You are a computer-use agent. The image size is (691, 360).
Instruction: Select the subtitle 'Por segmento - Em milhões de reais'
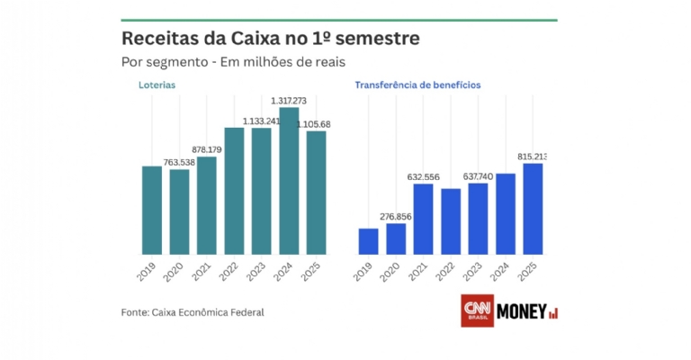(233, 62)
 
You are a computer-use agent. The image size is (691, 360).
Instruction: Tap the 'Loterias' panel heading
(157, 85)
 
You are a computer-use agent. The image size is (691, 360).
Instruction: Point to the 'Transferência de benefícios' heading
(417, 85)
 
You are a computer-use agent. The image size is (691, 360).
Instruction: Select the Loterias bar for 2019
(152, 210)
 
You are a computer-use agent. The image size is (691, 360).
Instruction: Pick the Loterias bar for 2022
(234, 191)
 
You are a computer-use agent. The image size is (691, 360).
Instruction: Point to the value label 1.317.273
(290, 101)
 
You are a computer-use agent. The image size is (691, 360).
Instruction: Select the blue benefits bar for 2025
(533, 208)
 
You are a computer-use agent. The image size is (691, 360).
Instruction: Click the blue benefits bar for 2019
(368, 241)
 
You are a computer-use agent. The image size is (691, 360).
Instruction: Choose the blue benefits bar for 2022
(451, 220)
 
